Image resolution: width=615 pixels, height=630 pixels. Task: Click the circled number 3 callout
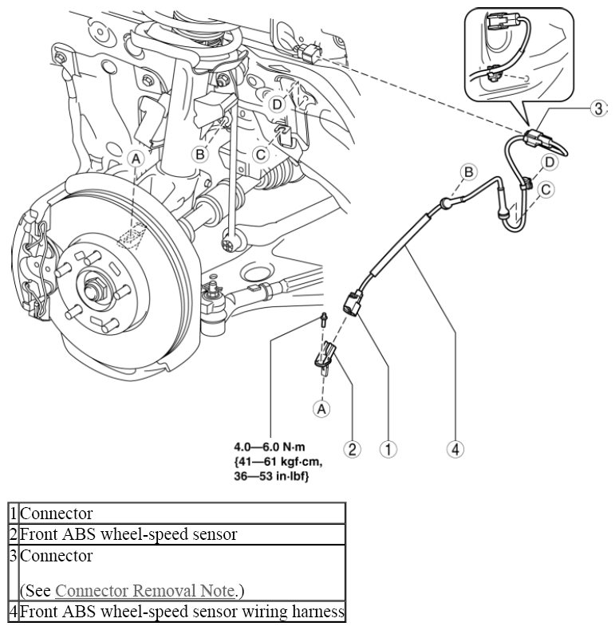(598, 108)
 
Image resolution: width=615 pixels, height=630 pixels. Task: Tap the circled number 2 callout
(352, 449)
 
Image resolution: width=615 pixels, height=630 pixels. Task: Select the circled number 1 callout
(388, 449)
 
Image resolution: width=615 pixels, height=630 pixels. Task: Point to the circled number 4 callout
(455, 449)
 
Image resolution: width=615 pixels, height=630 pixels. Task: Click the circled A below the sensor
(321, 408)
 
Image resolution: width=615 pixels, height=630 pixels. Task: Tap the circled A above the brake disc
(136, 159)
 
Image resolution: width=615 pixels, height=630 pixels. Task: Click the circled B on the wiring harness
(468, 172)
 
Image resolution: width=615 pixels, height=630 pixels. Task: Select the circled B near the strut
(199, 154)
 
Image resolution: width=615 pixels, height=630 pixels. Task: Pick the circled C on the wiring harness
(546, 189)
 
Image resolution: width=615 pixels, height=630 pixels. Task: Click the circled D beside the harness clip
(549, 162)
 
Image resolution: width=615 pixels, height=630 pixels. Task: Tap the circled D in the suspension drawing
(277, 104)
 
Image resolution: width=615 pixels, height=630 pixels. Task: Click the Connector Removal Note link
(144, 591)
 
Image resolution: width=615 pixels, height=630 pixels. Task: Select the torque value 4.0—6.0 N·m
(270, 447)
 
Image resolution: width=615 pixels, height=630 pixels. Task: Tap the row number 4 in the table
(14, 611)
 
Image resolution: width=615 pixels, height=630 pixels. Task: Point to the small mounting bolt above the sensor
(322, 320)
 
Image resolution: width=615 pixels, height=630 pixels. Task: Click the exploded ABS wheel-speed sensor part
(325, 357)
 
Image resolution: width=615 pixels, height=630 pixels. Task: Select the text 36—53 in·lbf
(271, 477)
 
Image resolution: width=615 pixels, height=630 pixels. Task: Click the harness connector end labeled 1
(353, 305)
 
